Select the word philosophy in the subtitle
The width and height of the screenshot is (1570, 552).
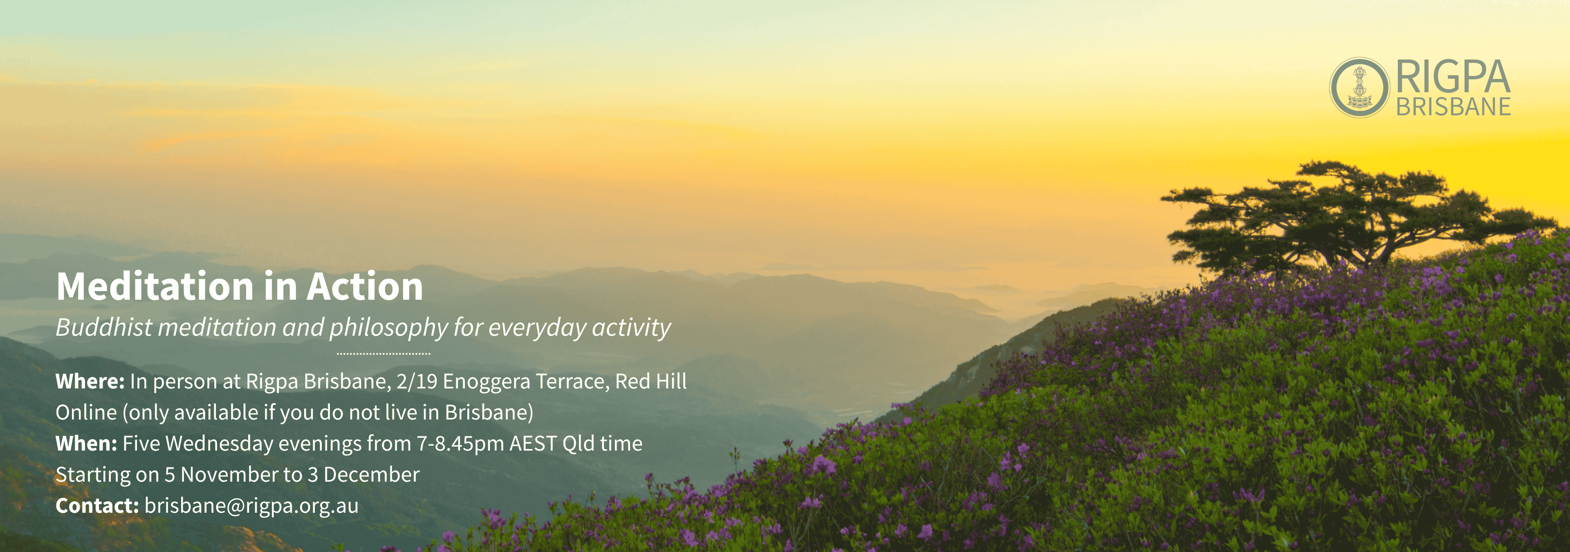tap(389, 328)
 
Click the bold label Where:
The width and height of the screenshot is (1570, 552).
tap(90, 381)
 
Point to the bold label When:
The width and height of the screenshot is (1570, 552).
tap(86, 444)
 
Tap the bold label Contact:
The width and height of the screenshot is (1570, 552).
tap(97, 506)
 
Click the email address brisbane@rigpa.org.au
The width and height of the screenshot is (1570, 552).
tap(251, 506)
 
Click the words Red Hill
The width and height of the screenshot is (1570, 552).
tap(651, 381)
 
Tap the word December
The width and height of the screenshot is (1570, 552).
tap(371, 475)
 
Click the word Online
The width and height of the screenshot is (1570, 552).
tap(86, 413)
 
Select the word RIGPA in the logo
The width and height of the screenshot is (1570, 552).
tap(1453, 77)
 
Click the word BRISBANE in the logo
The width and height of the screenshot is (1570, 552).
tap(1453, 107)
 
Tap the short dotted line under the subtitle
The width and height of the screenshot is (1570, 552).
tap(384, 353)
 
